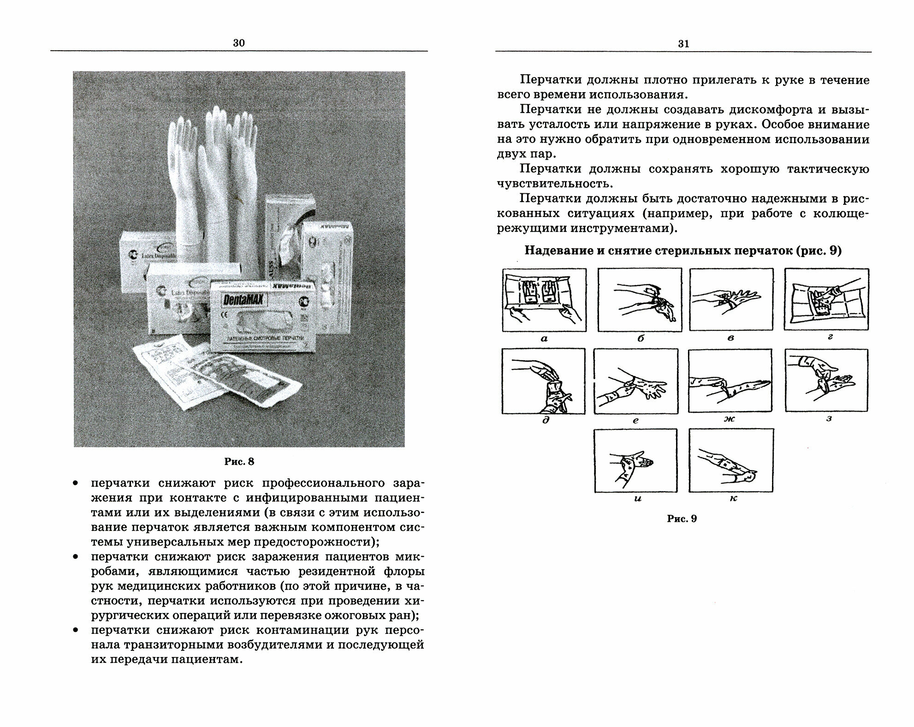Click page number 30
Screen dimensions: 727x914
coord(239,43)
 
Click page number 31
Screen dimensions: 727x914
coord(683,44)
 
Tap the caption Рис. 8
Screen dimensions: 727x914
coord(239,461)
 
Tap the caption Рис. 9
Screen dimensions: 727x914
coord(682,518)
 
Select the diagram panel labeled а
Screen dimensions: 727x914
coord(544,300)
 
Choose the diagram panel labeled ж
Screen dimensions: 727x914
coord(730,381)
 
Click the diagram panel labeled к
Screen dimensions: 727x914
coord(730,460)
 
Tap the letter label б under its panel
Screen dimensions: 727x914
coord(640,339)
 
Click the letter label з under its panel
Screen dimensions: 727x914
coord(829,419)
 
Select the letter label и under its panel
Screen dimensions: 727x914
coord(638,499)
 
